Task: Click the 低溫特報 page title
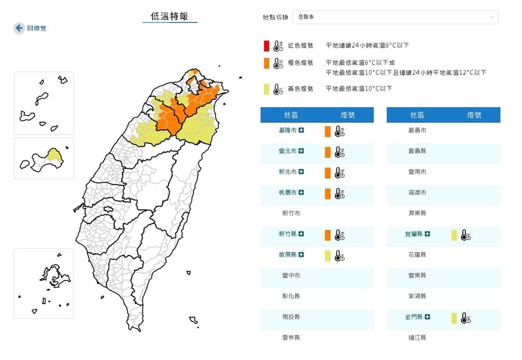(x=169, y=16)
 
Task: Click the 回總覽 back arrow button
(x=19, y=28)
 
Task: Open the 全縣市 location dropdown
(x=395, y=17)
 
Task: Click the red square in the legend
(x=266, y=45)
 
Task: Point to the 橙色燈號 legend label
(x=301, y=63)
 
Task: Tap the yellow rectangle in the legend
(x=266, y=89)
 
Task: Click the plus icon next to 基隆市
(x=301, y=131)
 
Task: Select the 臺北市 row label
(x=288, y=151)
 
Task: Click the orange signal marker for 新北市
(x=328, y=172)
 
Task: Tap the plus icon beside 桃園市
(x=301, y=192)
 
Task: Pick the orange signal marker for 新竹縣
(x=328, y=235)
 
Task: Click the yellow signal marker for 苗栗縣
(x=328, y=255)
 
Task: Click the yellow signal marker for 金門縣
(x=454, y=318)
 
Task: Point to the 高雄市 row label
(x=417, y=193)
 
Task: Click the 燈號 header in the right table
(x=474, y=115)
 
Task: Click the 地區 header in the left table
(x=291, y=115)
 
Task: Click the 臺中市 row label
(x=291, y=276)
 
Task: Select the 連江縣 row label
(x=417, y=338)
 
